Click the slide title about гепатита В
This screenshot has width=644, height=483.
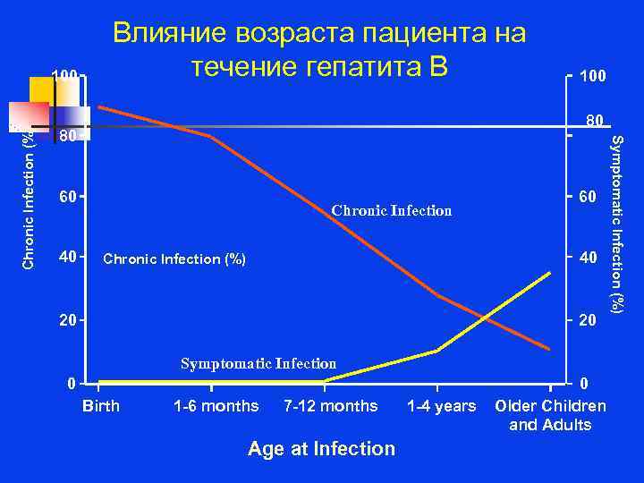tap(318, 49)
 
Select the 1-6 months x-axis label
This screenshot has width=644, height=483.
tap(216, 406)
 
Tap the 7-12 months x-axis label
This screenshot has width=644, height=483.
tap(330, 406)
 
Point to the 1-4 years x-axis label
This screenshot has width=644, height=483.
tap(441, 406)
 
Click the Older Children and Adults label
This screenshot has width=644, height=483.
tap(550, 415)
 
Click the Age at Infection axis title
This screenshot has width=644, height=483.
tap(321, 448)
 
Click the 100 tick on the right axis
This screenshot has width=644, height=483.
tap(592, 77)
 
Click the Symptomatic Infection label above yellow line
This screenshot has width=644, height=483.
tap(258, 364)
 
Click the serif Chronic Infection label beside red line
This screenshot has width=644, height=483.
tap(392, 211)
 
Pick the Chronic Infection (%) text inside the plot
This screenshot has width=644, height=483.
tap(174, 259)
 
